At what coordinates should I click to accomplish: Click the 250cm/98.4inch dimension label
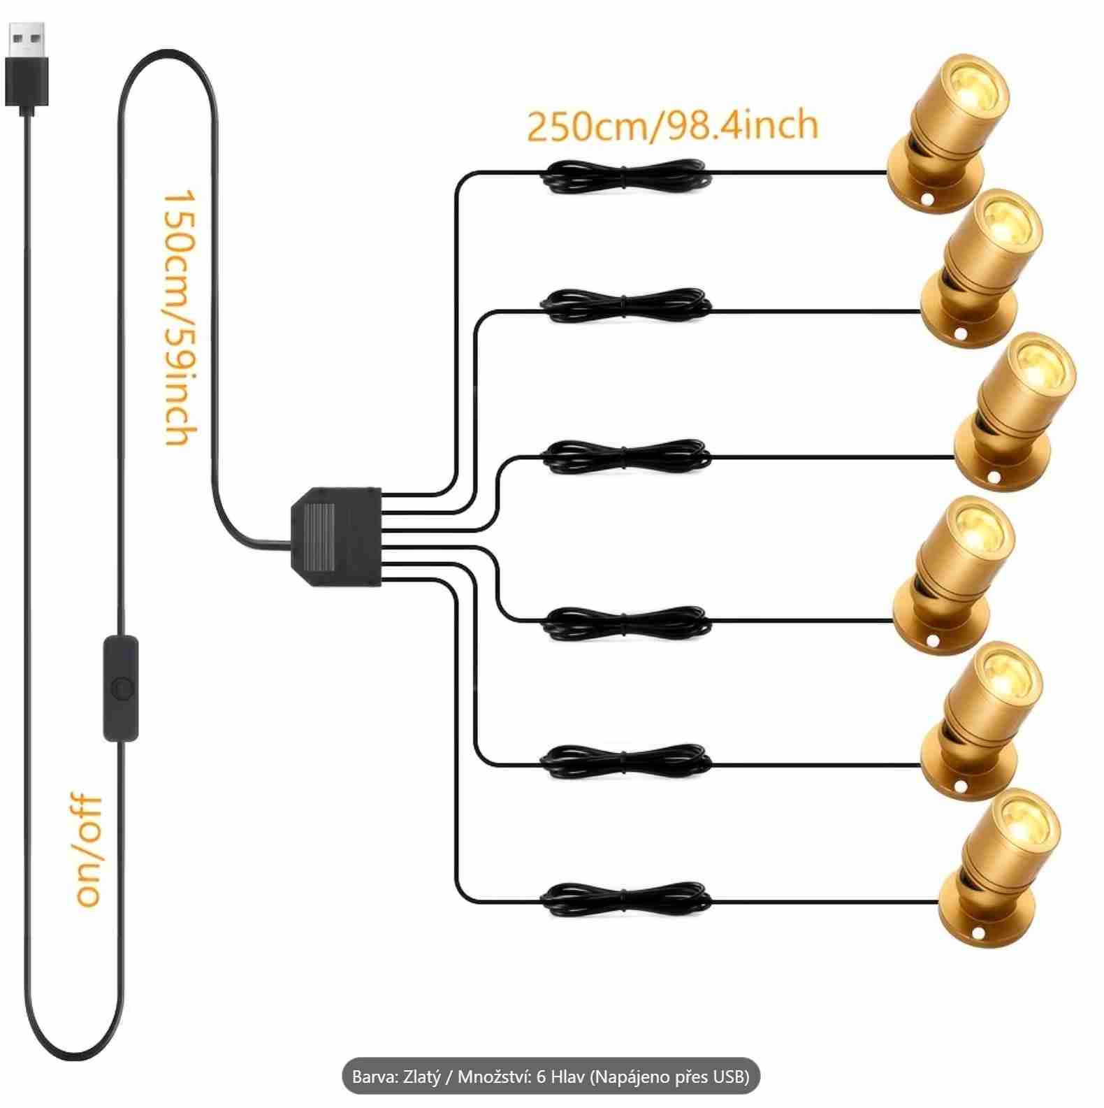(671, 125)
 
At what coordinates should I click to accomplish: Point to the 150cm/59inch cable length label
(179, 317)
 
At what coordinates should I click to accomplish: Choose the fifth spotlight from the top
(981, 721)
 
